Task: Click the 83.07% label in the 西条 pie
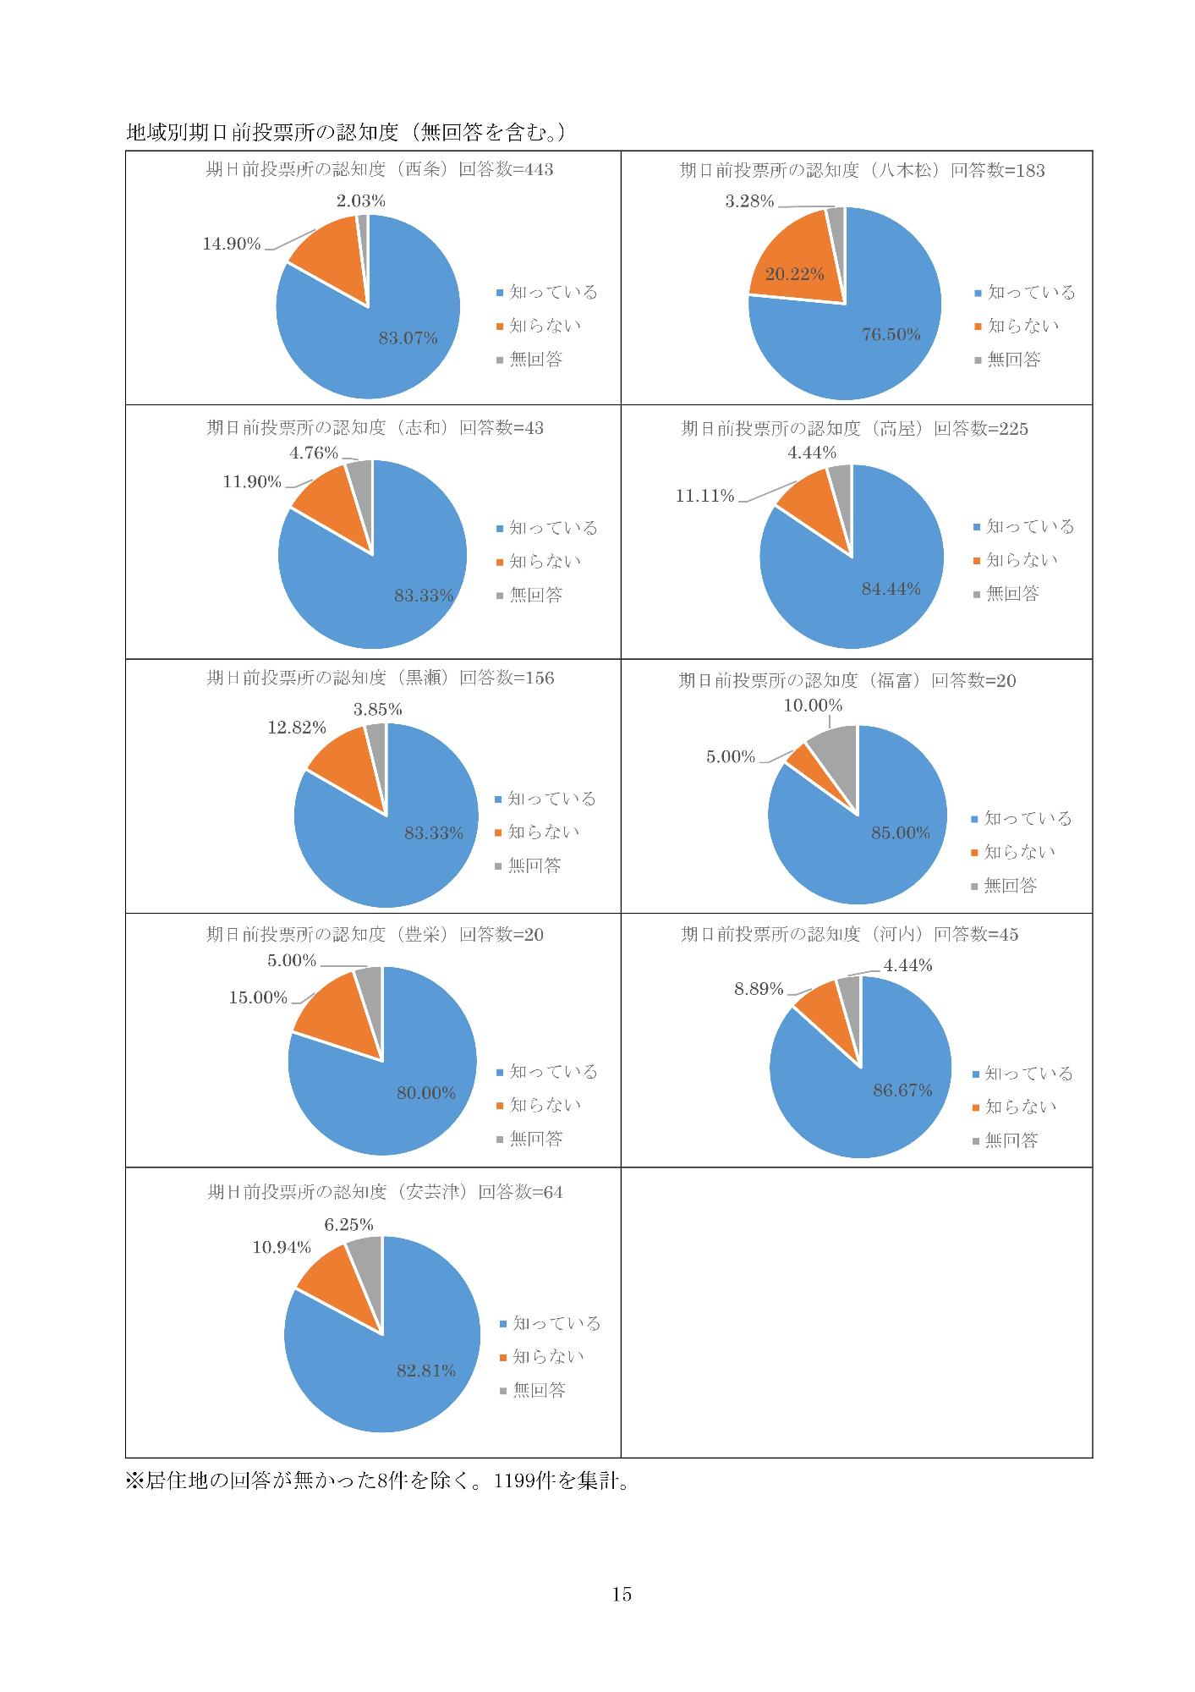pyautogui.click(x=408, y=338)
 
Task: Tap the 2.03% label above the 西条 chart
pyautogui.click(x=360, y=201)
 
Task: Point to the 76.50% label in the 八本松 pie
pyautogui.click(x=891, y=334)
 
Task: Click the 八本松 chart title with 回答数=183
pyautogui.click(x=862, y=171)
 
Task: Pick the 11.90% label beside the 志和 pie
pyautogui.click(x=252, y=481)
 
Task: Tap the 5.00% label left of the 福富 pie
pyautogui.click(x=731, y=756)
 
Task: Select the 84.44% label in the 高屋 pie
pyautogui.click(x=891, y=589)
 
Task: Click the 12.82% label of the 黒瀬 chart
pyautogui.click(x=297, y=728)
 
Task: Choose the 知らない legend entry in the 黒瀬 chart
pyautogui.click(x=537, y=832)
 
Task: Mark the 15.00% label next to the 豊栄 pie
pyautogui.click(x=258, y=997)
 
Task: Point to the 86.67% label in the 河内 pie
pyautogui.click(x=902, y=1090)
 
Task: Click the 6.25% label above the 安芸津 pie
pyautogui.click(x=348, y=1224)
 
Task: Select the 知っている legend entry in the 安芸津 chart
pyautogui.click(x=550, y=1323)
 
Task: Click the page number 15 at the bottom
pyautogui.click(x=622, y=1594)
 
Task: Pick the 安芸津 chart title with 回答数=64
pyautogui.click(x=385, y=1192)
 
